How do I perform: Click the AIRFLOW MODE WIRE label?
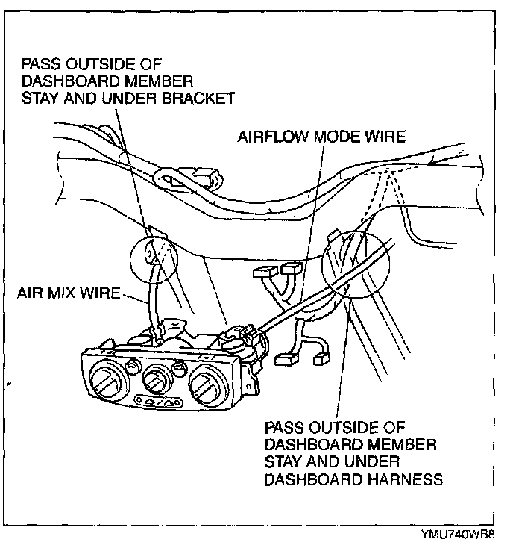pyautogui.click(x=321, y=137)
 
